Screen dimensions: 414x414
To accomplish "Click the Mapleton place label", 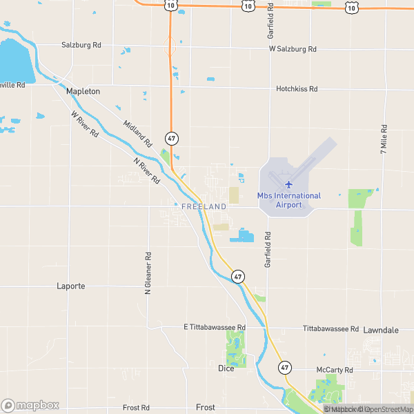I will pos(83,91).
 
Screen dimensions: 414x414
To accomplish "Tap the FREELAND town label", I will pos(204,206).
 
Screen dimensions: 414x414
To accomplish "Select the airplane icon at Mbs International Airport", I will pos(288,184).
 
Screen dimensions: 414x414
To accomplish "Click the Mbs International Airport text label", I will pos(289,200).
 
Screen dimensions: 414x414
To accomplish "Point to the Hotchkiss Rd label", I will pos(297,89).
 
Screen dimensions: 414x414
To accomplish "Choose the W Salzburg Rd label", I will pos(293,49).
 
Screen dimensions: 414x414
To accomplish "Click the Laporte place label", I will pos(71,286).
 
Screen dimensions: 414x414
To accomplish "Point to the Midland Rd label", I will pos(137,134).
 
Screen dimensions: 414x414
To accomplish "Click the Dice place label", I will pos(226,368).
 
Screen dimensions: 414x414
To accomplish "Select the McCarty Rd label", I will pos(335,371).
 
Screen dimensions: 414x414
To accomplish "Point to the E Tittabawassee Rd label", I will pos(215,327).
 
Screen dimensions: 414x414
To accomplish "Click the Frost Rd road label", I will pos(136,408).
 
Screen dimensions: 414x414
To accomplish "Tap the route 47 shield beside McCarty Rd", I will pos(284,367).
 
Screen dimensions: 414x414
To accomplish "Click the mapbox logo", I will pos(29,405).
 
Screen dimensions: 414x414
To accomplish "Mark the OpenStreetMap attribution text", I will pos(388,409).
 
